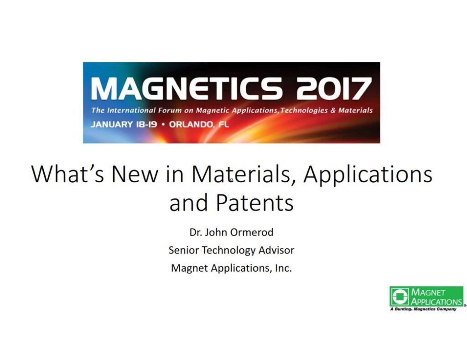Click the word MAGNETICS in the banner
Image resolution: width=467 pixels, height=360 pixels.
[x=186, y=88]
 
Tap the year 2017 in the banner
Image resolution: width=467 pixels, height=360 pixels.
[x=333, y=88]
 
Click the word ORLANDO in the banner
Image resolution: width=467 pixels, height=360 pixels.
[x=191, y=124]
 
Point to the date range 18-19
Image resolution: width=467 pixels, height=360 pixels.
[x=146, y=124]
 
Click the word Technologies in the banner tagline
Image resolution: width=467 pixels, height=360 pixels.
[x=304, y=110]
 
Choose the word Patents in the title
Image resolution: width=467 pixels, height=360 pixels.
[x=254, y=202]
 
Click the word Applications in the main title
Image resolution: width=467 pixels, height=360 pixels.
[x=368, y=175]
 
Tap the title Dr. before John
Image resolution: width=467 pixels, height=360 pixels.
[x=196, y=232]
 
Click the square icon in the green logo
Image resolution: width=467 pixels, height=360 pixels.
[x=400, y=297]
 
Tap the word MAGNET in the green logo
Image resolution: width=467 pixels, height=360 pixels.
[x=428, y=292]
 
